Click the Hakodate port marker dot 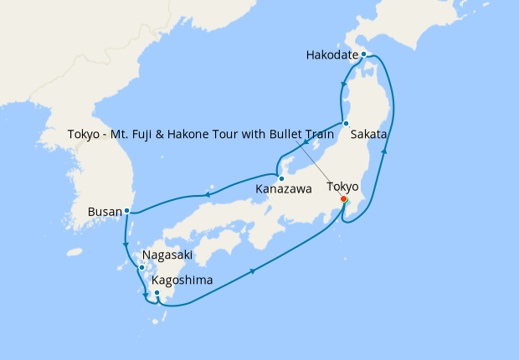(x=363, y=54)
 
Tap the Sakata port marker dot (x=346, y=124)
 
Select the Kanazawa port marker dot (x=281, y=178)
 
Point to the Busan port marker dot (x=126, y=211)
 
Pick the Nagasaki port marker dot (x=141, y=267)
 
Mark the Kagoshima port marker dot (x=157, y=292)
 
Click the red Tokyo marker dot (x=344, y=199)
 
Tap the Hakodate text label (x=332, y=55)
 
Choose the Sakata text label (x=368, y=134)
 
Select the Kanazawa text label (x=280, y=189)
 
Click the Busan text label (x=104, y=212)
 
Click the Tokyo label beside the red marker (x=342, y=186)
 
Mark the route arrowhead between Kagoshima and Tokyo (x=254, y=270)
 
